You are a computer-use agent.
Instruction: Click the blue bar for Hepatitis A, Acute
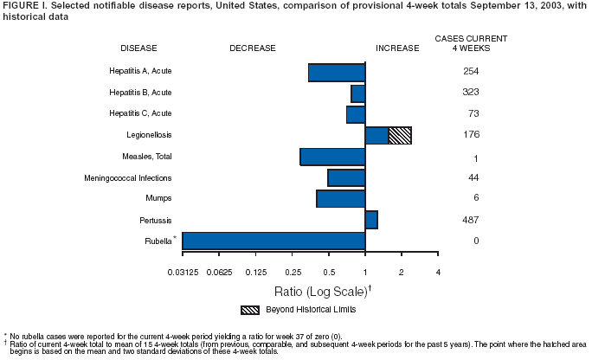point(337,73)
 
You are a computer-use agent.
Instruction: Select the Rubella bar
point(273,241)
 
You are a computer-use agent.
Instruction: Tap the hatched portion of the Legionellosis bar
point(400,135)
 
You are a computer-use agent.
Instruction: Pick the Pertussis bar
point(371,220)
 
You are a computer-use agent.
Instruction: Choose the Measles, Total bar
point(332,157)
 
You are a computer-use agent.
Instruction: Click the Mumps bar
point(340,198)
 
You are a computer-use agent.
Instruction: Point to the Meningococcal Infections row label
point(140,177)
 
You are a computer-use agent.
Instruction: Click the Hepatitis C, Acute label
point(140,113)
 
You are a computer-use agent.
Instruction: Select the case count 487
point(471,220)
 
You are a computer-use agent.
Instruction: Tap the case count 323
point(471,92)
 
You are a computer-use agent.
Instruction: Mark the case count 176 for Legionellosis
point(471,134)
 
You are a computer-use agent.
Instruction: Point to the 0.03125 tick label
point(183,273)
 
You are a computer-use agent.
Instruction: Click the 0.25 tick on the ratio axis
point(293,273)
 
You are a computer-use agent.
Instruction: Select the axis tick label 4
point(439,273)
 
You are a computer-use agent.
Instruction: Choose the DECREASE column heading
point(253,48)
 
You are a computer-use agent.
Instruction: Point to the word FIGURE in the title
point(22,7)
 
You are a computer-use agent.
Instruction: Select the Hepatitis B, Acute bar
point(357,93)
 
